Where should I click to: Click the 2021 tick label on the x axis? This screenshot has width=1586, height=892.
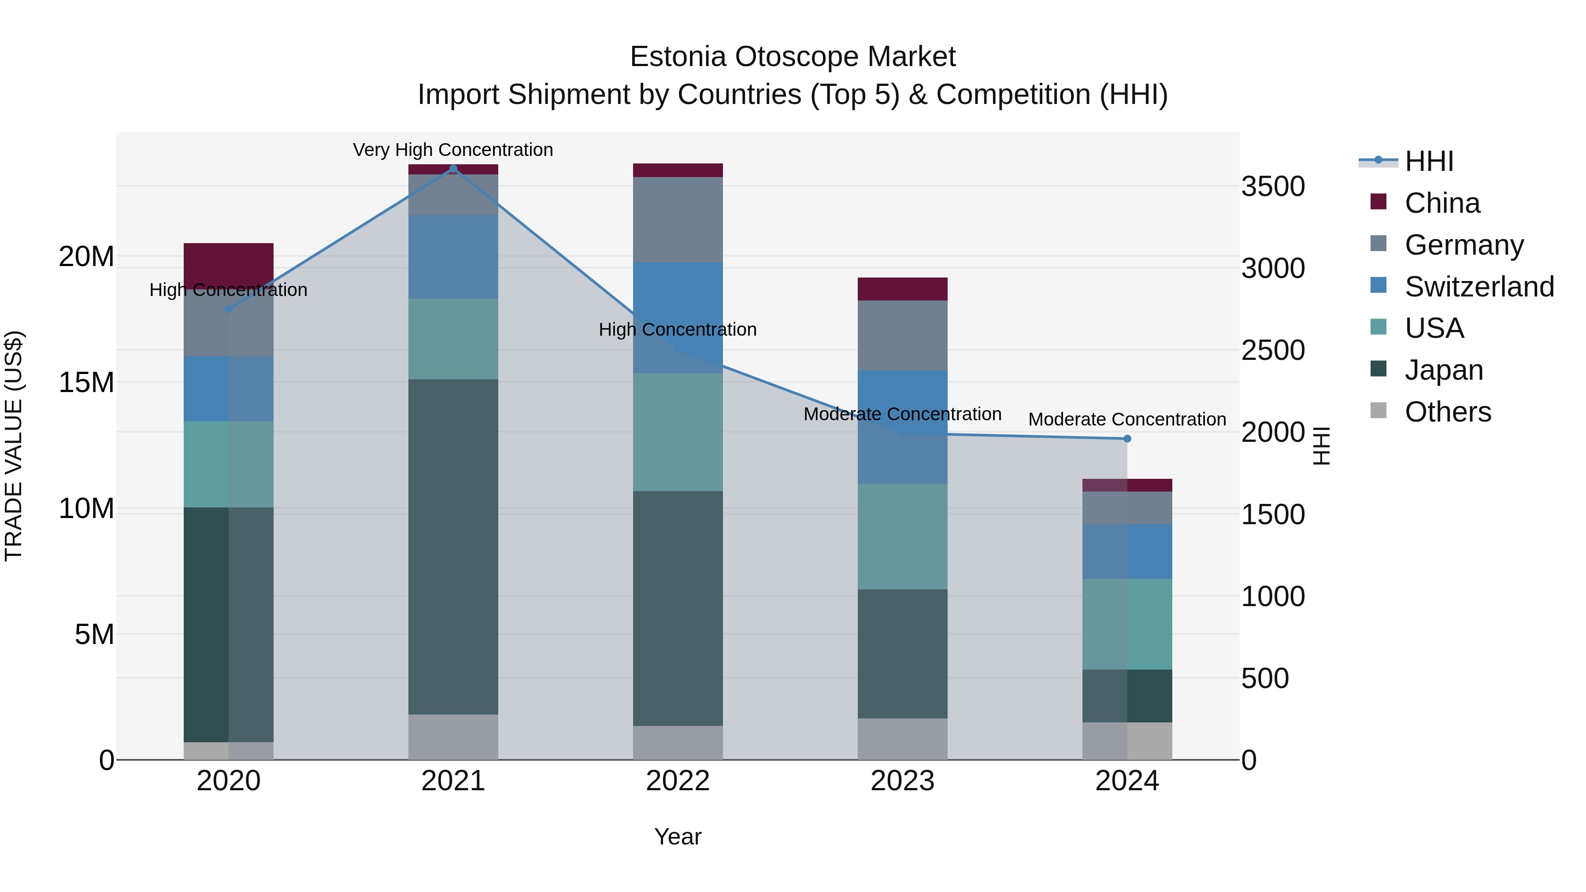(x=453, y=781)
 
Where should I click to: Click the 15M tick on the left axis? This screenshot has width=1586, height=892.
(x=86, y=383)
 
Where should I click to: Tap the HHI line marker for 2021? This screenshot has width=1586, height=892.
(x=453, y=169)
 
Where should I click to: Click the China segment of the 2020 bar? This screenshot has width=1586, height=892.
(x=228, y=262)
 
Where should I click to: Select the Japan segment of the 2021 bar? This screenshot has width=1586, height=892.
(x=453, y=547)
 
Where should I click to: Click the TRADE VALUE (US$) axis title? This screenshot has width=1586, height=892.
(x=14, y=446)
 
